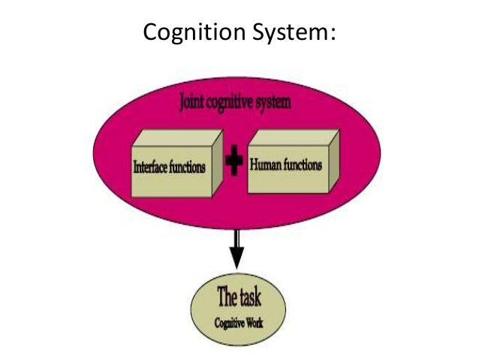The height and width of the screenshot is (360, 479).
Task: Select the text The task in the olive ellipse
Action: point(239,298)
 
